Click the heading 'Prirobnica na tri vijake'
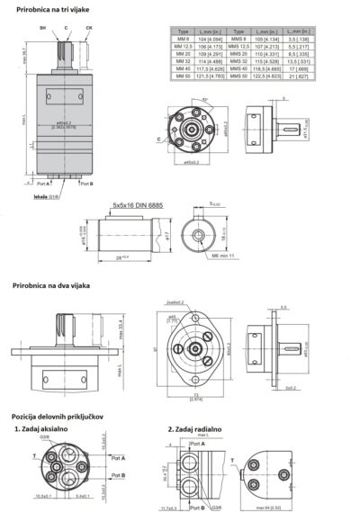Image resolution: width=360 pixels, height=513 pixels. click(51, 9)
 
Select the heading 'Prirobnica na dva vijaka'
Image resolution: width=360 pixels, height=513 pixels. click(52, 285)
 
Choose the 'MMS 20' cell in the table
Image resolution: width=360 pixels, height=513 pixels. click(238, 53)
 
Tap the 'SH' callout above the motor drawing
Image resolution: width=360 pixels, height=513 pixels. click(41, 29)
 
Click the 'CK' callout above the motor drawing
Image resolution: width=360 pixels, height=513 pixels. click(88, 29)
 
